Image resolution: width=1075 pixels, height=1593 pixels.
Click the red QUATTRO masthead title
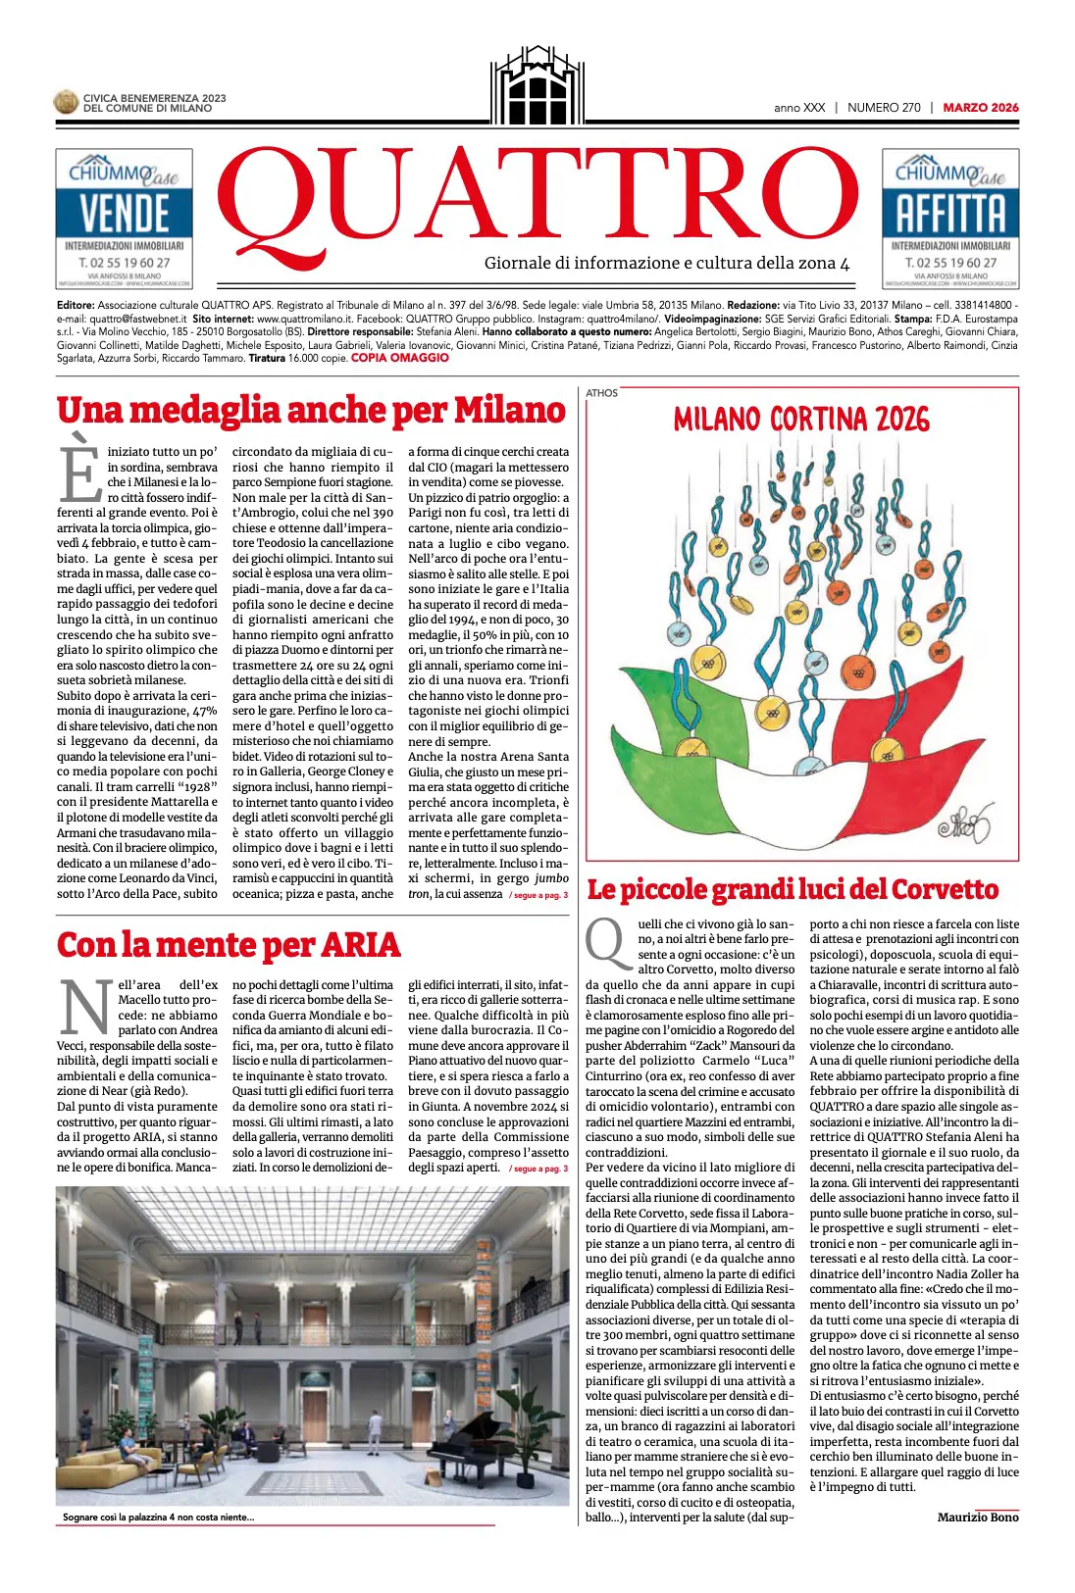pyautogui.click(x=537, y=198)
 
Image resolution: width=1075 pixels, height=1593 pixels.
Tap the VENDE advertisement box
pyautogui.click(x=124, y=218)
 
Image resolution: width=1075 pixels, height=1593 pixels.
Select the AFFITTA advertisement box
pyautogui.click(x=949, y=218)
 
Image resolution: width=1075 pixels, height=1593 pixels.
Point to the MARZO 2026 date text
pyautogui.click(x=980, y=108)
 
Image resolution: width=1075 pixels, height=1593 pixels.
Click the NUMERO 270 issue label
pyautogui.click(x=884, y=108)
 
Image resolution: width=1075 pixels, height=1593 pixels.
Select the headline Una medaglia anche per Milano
pyautogui.click(x=311, y=410)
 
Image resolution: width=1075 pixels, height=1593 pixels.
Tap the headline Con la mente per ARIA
pyautogui.click(x=229, y=945)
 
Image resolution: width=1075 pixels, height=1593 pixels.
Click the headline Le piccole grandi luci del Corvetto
pyautogui.click(x=793, y=890)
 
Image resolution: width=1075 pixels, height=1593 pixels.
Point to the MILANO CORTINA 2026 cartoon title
pyautogui.click(x=801, y=420)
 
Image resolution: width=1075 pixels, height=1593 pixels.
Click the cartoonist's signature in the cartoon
pyautogui.click(x=964, y=825)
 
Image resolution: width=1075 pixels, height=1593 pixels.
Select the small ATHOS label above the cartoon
pyautogui.click(x=601, y=393)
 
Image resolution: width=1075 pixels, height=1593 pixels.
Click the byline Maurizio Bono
pyautogui.click(x=977, y=1518)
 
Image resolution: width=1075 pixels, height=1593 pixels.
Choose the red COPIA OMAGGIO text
pyautogui.click(x=399, y=358)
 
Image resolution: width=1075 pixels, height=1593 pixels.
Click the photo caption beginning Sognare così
pyautogui.click(x=158, y=1518)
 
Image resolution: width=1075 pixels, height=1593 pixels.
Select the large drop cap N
pyautogui.click(x=85, y=1006)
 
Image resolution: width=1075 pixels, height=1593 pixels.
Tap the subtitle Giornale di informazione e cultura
pyautogui.click(x=666, y=263)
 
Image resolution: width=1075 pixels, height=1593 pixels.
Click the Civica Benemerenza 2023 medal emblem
pyautogui.click(x=66, y=102)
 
